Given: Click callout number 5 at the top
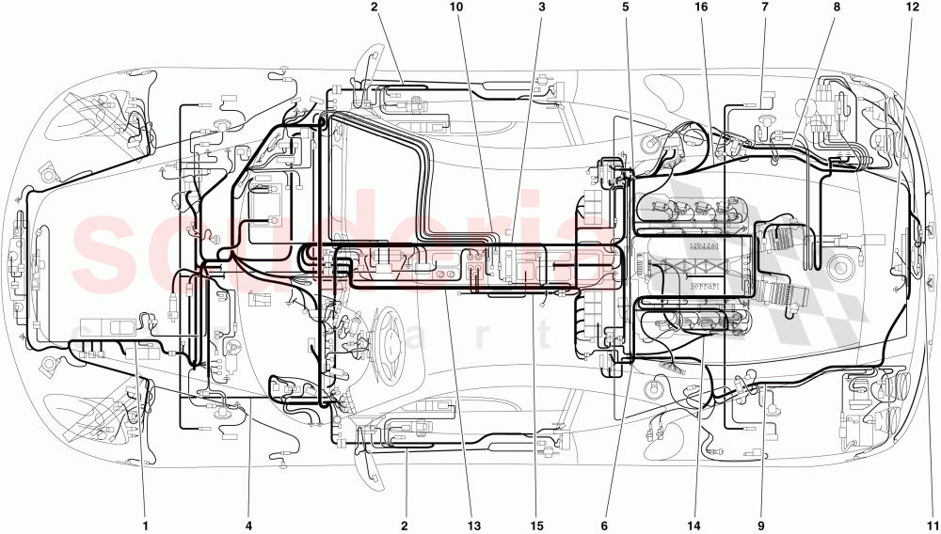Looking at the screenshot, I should (625, 8).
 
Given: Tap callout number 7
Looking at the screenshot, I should (764, 8).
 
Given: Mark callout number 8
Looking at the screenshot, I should (837, 8).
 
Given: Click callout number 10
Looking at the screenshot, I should (456, 8).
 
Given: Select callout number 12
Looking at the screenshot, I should (911, 8).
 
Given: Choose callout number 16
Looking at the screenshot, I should (700, 8).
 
